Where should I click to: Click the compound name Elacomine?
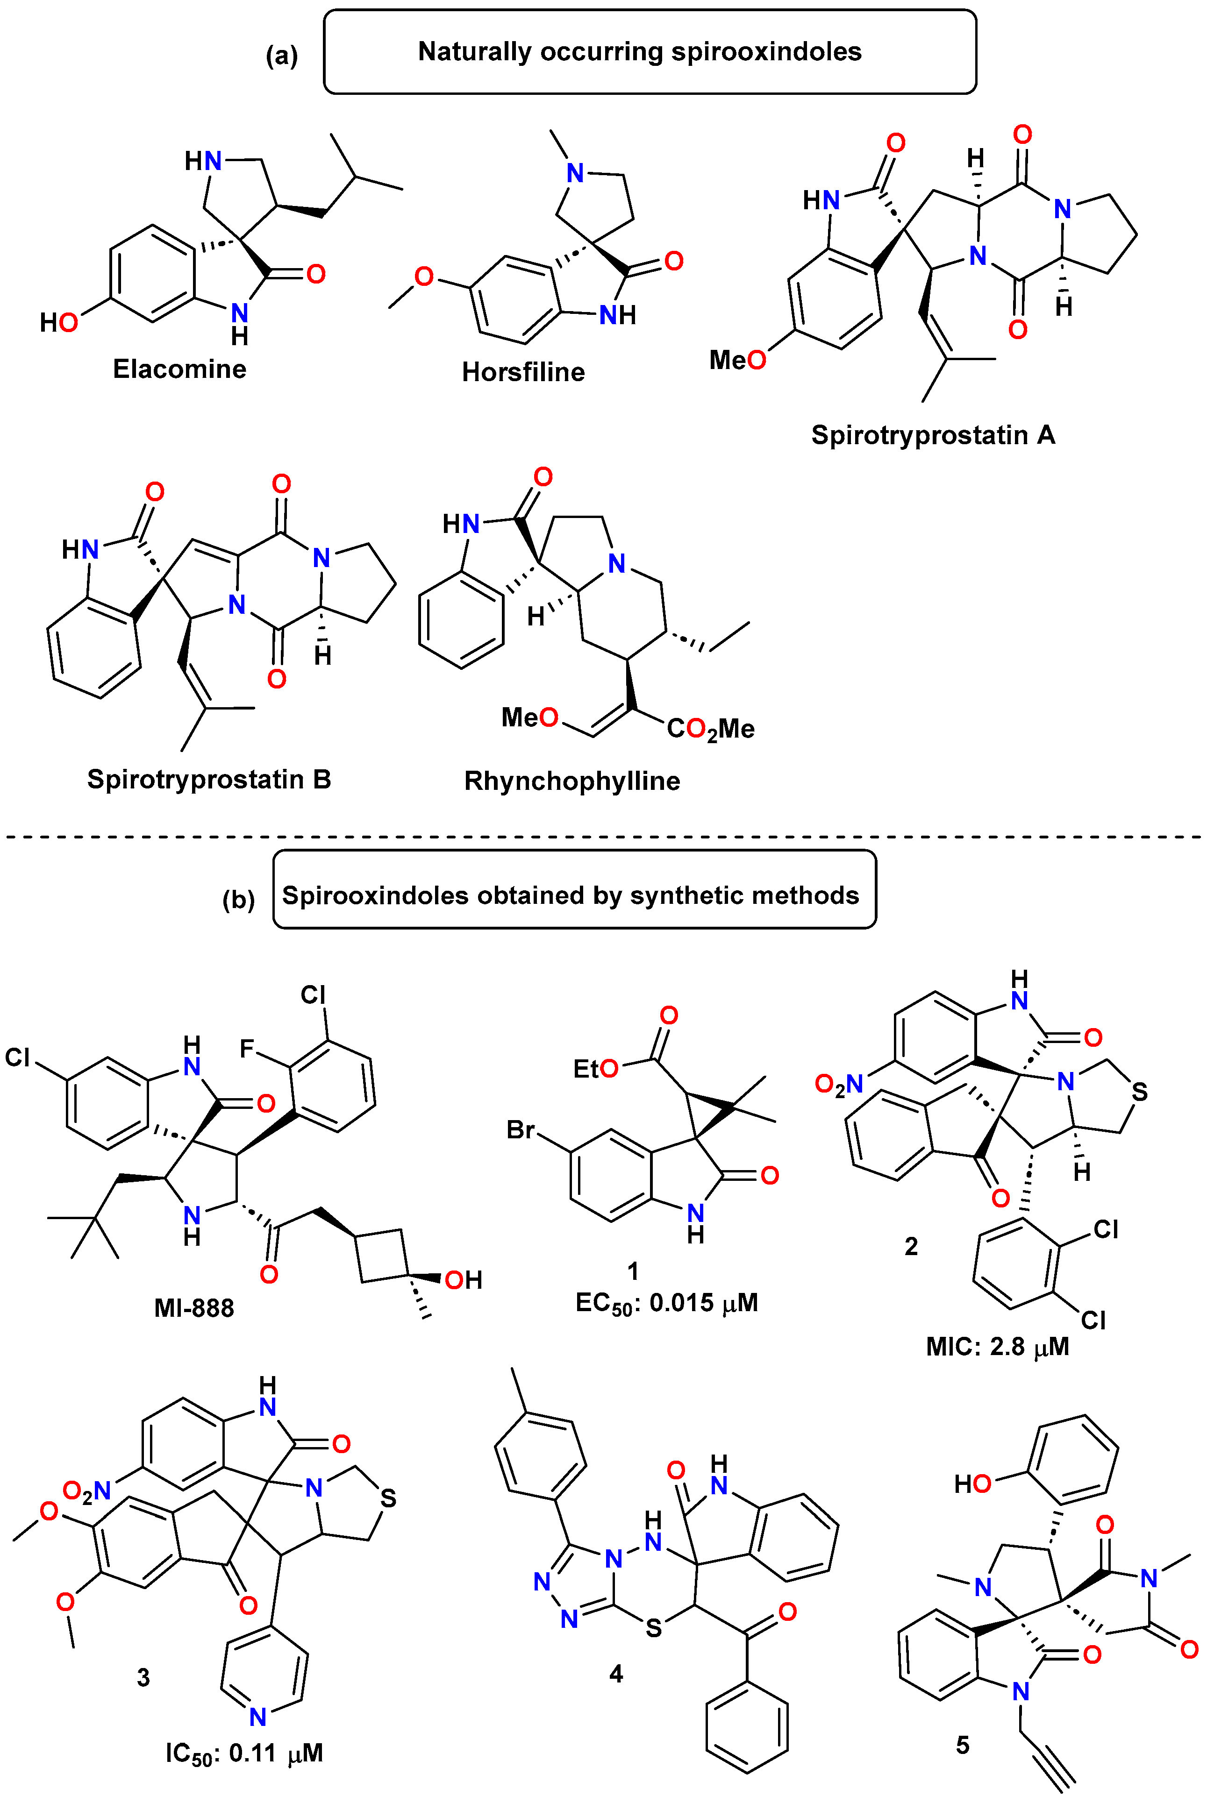[x=179, y=369]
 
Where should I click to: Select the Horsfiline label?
[x=523, y=372]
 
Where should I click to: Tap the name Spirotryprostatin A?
[x=933, y=435]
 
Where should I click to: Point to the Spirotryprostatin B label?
[x=208, y=780]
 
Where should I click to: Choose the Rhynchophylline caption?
[x=572, y=781]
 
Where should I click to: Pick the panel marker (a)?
[x=282, y=56]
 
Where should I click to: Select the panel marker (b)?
[x=239, y=899]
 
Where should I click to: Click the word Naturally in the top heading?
[x=475, y=51]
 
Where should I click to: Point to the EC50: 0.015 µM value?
[x=667, y=1303]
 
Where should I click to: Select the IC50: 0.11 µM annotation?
[x=244, y=1753]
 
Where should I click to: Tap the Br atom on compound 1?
[x=521, y=1129]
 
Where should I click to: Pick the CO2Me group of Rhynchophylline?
[x=710, y=729]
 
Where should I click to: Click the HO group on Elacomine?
[x=58, y=322]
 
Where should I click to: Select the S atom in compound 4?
[x=654, y=1627]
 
